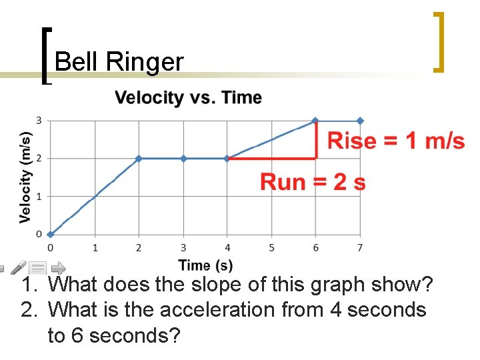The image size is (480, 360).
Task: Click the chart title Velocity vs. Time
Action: [188, 98]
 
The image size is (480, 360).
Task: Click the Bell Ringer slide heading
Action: [119, 62]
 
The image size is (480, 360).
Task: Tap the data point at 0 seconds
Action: [51, 234]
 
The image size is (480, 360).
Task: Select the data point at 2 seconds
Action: [139, 159]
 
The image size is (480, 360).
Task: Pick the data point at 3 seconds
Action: [183, 159]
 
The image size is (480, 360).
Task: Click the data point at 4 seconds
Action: [227, 159]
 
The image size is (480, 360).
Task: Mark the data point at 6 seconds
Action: [316, 121]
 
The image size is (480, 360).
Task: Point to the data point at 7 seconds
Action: [360, 121]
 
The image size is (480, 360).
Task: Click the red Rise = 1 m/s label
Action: [395, 141]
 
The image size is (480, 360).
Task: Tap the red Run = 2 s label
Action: [313, 181]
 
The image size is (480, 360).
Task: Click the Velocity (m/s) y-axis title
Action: [25, 176]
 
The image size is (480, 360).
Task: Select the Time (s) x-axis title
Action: [205, 265]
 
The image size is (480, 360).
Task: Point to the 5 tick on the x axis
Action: [271, 248]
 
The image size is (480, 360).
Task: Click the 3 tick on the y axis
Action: [39, 121]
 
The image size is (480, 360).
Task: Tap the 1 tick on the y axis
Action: [39, 197]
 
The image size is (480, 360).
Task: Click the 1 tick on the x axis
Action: [95, 248]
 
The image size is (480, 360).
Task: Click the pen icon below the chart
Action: [19, 268]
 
